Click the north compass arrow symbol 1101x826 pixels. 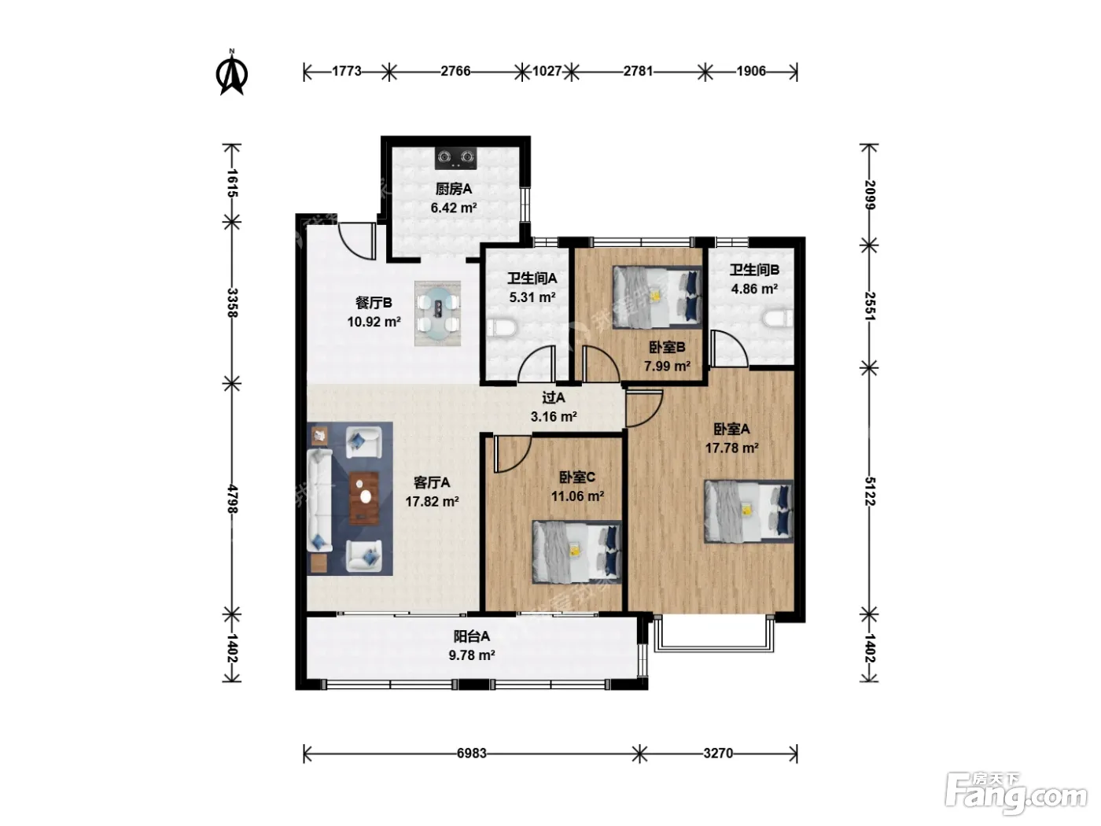231,73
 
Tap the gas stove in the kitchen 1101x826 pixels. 455,158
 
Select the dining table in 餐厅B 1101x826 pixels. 437,313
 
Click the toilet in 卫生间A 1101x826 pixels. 503,329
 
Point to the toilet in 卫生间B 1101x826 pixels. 778,319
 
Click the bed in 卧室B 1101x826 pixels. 656,297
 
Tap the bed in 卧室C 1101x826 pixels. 576,552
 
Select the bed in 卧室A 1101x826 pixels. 749,511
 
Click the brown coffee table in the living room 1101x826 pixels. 364,497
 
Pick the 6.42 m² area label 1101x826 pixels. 454,208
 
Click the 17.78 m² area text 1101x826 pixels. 732,448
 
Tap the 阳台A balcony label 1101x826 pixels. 472,636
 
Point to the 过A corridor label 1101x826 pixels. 554,398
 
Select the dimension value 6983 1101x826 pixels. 472,754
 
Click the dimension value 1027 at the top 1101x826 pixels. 547,72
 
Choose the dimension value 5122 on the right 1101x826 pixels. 870,492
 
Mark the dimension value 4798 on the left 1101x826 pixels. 232,499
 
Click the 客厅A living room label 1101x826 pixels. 432,482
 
